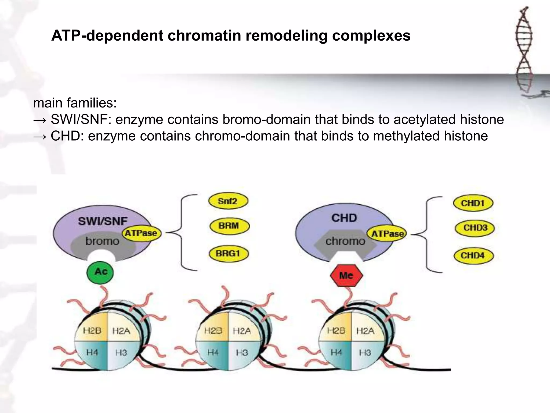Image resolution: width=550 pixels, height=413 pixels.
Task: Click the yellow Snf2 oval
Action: (228, 201)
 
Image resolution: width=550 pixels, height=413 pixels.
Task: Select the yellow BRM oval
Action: (229, 226)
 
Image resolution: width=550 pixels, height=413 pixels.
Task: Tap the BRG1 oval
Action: (229, 254)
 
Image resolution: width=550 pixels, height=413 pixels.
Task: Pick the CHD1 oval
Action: (473, 203)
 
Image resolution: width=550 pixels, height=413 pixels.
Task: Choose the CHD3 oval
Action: (475, 228)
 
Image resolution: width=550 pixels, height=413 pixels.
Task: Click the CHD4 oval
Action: (473, 255)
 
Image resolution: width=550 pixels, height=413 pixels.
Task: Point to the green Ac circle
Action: (100, 272)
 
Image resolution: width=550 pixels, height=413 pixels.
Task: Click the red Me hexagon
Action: (346, 276)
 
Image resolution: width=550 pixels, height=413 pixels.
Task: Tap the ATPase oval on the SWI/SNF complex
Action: (141, 233)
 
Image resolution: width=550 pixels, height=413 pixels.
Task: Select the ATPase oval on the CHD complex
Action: (387, 234)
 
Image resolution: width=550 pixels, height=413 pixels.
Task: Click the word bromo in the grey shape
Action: (102, 241)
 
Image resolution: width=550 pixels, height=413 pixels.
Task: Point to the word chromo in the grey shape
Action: (345, 241)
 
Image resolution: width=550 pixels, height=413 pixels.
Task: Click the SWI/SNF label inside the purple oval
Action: (103, 221)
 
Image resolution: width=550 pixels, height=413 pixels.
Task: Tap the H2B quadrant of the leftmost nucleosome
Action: (92, 330)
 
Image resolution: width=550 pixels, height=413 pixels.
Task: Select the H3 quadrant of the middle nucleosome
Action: (242, 353)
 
